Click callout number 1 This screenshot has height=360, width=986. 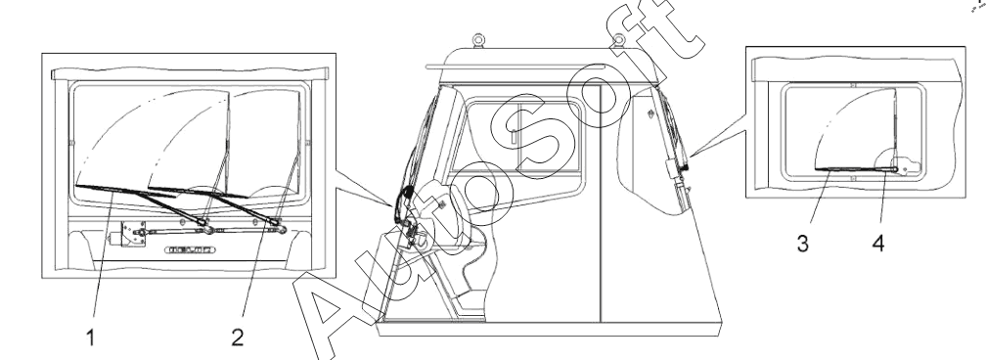pos(91,337)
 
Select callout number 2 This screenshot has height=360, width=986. pos(237,337)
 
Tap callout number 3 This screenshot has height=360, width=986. pos(802,244)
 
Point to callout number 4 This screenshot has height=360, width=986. pos(878,244)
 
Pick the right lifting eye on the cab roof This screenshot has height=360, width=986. pos(619,40)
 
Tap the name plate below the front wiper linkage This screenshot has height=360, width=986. pos(190,249)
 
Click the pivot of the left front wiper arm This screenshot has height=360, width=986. pos(204,223)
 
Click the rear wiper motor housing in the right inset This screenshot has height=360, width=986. pos(906,166)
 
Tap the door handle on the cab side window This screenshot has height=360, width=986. pos(515,135)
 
